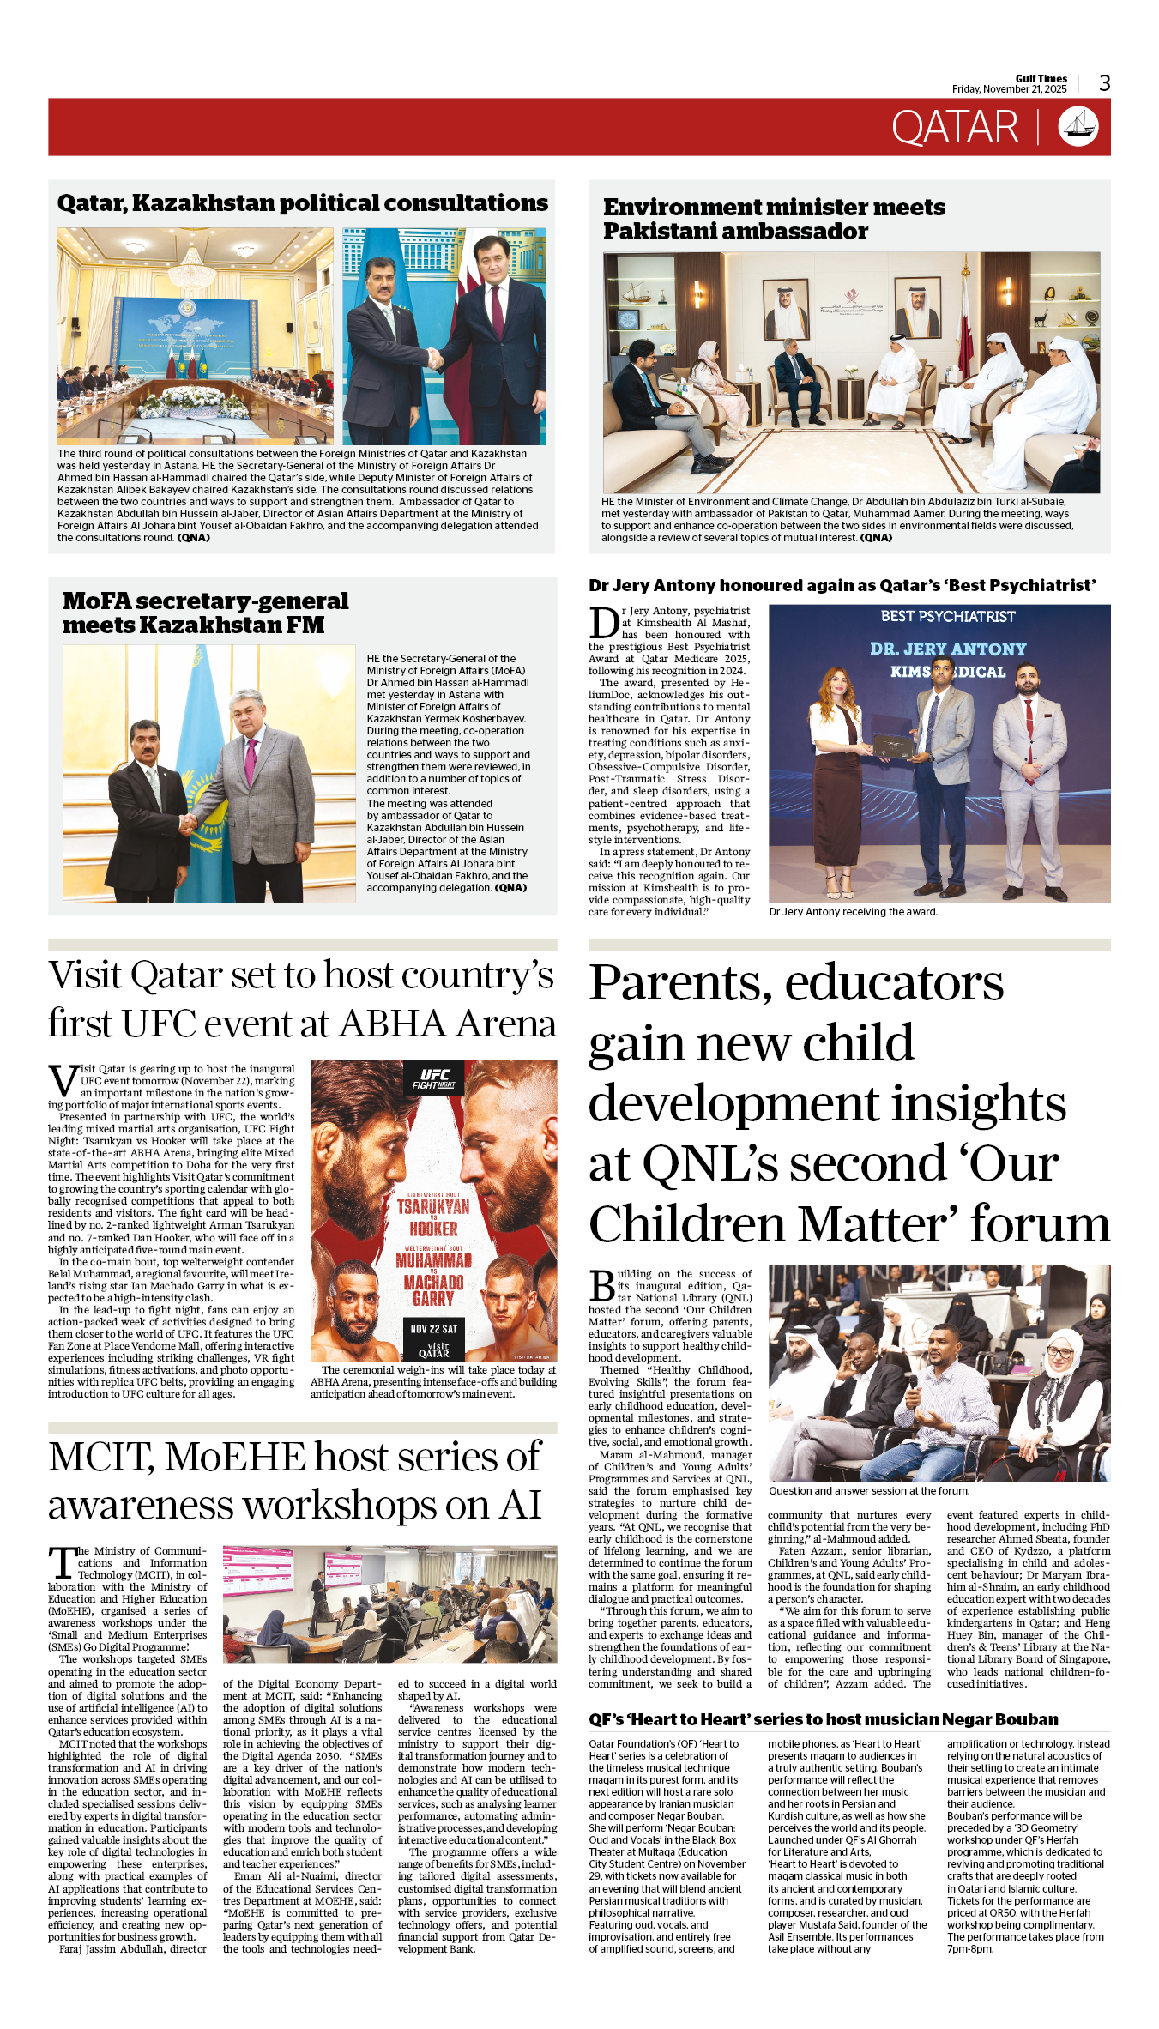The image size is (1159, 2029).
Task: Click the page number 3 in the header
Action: (1104, 83)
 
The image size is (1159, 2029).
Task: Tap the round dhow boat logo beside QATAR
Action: (1078, 126)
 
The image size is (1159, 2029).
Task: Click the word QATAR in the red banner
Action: (954, 128)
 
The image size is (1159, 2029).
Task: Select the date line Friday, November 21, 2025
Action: (1009, 89)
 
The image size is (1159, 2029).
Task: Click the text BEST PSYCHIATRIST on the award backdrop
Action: (947, 617)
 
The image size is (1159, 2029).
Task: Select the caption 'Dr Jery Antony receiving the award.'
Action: (853, 912)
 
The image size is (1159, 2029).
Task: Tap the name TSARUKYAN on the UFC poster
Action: (433, 1207)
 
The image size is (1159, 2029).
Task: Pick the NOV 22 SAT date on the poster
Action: (433, 1329)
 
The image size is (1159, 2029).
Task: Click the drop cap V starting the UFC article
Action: (63, 1080)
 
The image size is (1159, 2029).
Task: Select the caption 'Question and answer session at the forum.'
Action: (868, 1491)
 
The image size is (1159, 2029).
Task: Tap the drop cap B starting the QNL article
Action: (602, 1286)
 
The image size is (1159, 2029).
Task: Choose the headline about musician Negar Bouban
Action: (823, 1719)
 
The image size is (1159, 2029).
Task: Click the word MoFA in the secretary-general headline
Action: (96, 601)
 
